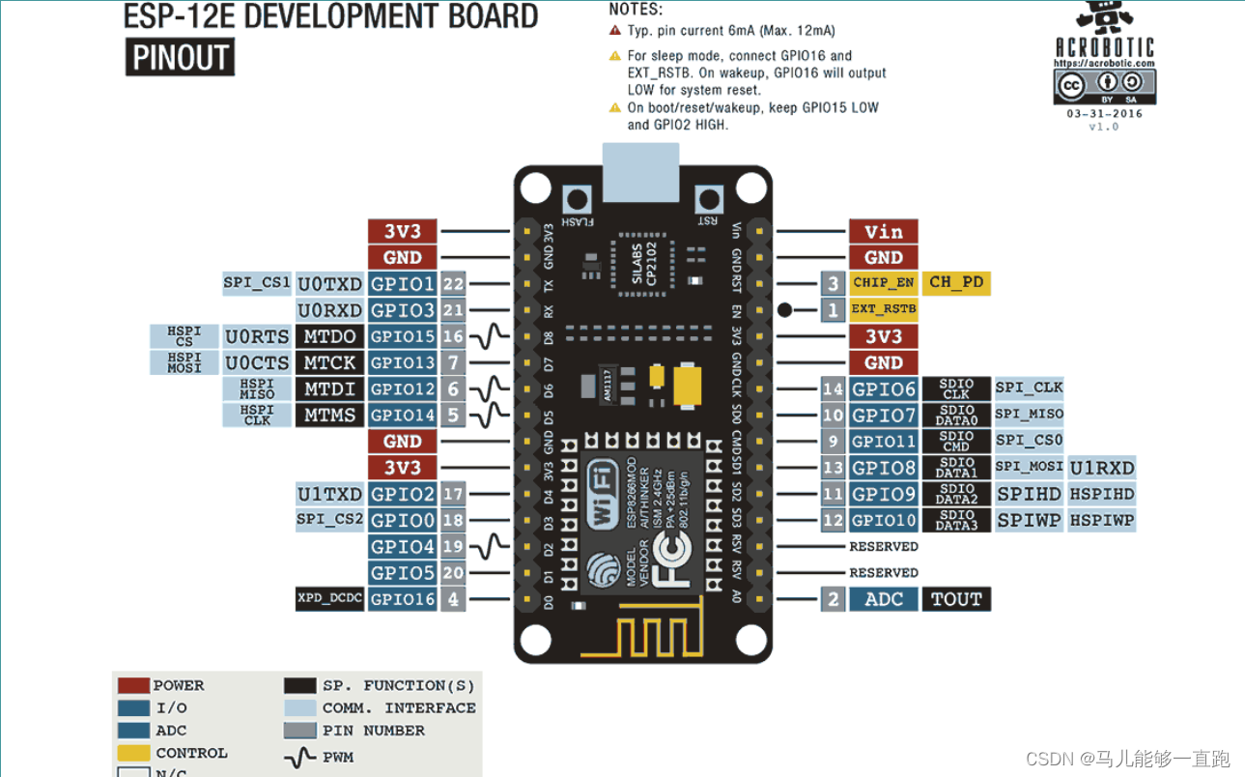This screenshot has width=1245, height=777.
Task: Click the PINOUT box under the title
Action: tap(180, 58)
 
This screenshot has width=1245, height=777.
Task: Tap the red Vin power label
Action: tap(883, 231)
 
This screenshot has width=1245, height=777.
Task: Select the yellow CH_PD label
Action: tap(955, 283)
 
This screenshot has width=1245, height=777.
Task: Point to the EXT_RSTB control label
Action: tap(883, 310)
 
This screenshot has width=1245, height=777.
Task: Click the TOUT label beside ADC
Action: tap(955, 599)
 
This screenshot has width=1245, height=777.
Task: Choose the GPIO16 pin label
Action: tap(403, 599)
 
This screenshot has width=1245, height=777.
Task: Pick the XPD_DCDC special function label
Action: tap(329, 599)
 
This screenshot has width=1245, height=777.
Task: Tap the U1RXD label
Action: tap(1101, 468)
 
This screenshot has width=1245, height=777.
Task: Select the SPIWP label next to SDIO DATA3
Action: tap(1029, 520)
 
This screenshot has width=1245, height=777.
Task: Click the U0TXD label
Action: tap(329, 284)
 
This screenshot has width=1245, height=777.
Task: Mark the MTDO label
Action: tap(329, 336)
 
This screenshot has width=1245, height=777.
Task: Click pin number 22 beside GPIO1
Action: tap(453, 284)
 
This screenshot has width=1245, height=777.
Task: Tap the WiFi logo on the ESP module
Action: tap(604, 495)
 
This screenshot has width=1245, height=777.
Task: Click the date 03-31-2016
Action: tap(1103, 113)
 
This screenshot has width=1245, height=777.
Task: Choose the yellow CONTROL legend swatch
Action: tap(133, 753)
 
